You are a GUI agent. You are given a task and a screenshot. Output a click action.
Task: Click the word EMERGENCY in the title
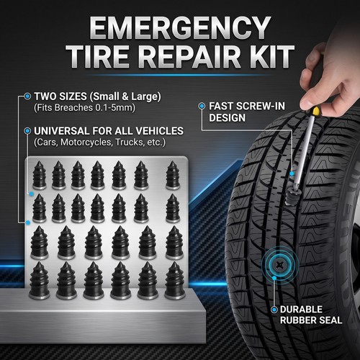click(x=180, y=28)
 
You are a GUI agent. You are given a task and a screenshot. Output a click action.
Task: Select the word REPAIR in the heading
click(x=189, y=57)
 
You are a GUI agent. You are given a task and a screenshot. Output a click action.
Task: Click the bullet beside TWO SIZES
click(x=27, y=96)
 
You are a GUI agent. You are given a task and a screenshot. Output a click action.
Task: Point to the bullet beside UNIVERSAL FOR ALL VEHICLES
click(x=27, y=131)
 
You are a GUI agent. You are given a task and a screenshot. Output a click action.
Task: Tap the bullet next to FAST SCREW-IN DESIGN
click(x=202, y=106)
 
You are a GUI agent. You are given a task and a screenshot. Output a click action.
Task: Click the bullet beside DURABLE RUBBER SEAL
click(x=274, y=310)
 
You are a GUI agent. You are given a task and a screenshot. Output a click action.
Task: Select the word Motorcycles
click(x=86, y=142)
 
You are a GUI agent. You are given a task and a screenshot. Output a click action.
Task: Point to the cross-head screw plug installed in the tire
click(x=279, y=265)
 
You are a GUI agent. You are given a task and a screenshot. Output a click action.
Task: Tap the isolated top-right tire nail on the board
click(x=173, y=175)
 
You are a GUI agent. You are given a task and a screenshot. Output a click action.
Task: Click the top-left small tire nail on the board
click(x=40, y=175)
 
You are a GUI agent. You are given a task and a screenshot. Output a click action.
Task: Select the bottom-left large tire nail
click(x=40, y=280)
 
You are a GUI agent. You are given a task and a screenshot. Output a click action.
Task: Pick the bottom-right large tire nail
click(x=175, y=280)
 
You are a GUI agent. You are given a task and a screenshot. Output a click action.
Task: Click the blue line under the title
click(x=180, y=75)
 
